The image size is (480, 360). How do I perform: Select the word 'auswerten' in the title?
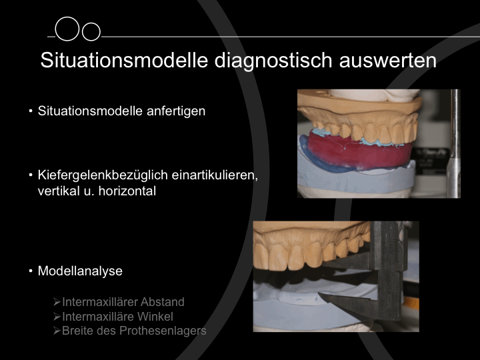[x=387, y=61]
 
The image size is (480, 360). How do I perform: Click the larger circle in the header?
[x=67, y=29]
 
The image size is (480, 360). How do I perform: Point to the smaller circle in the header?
[x=91, y=31]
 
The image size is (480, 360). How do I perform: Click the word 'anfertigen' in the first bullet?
[x=176, y=111]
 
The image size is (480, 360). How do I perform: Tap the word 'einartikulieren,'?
[x=215, y=175]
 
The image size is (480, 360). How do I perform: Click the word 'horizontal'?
[x=127, y=191]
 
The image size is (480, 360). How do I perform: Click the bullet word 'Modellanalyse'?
[x=80, y=271]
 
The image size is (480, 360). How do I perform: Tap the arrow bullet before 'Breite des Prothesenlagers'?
[x=57, y=331]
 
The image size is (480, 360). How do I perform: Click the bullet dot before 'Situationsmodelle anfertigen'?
[x=31, y=111]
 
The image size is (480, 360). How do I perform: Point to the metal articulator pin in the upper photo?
[x=455, y=144]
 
